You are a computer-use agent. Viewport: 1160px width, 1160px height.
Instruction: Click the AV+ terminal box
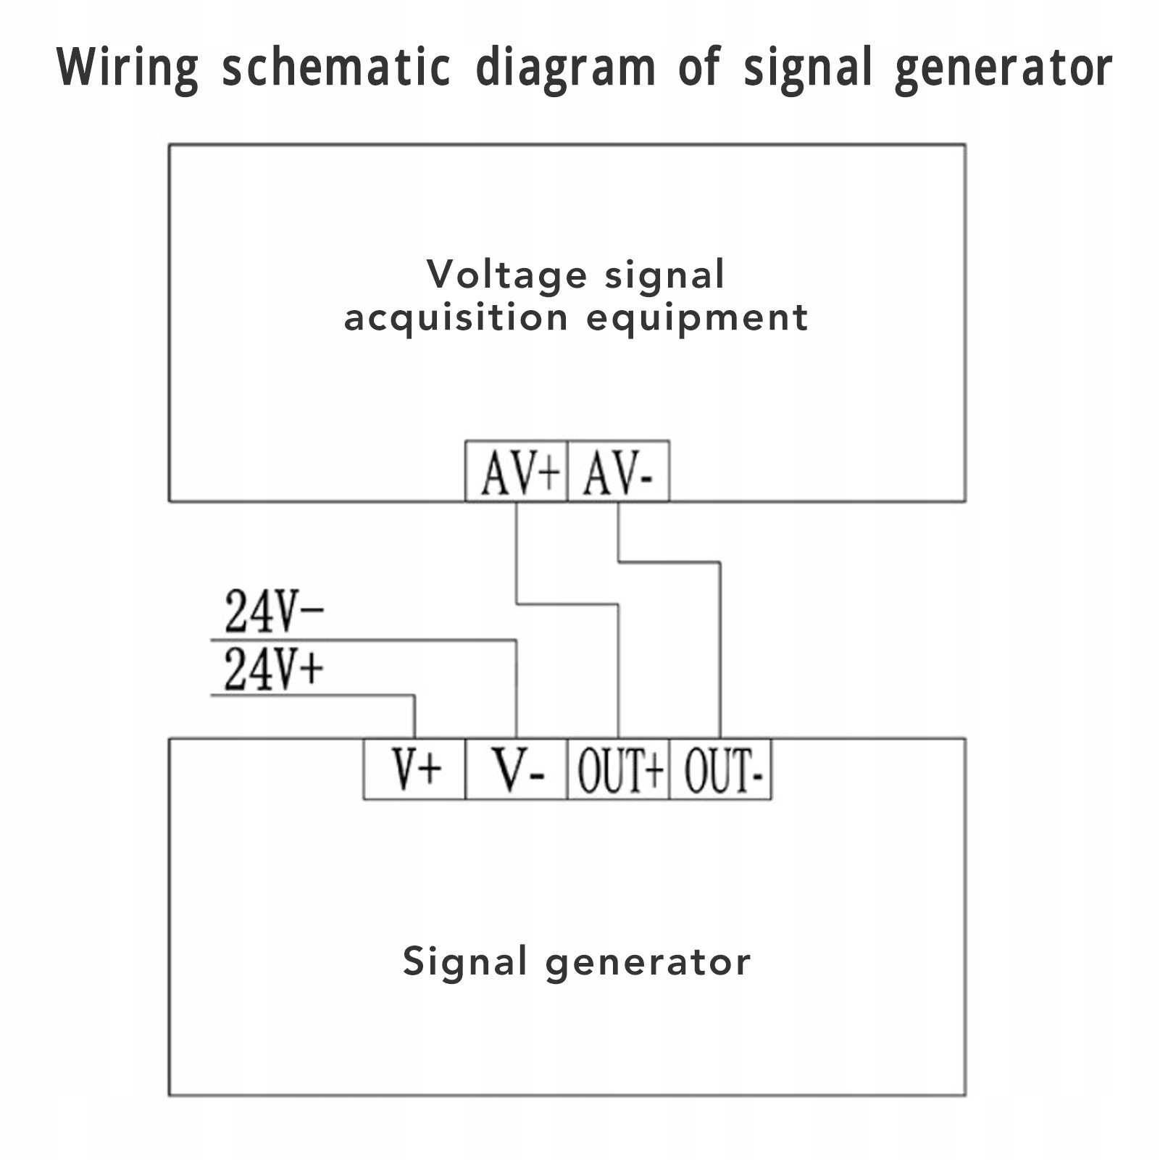(516, 472)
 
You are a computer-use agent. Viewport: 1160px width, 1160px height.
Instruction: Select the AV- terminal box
(618, 472)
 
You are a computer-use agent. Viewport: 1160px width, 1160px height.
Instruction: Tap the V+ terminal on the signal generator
(414, 769)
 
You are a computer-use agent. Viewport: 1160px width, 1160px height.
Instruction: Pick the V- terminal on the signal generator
(516, 769)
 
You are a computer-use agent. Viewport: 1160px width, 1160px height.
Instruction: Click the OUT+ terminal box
(618, 769)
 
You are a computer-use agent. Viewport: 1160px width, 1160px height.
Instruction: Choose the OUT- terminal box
(721, 769)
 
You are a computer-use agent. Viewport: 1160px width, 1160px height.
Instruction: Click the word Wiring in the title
(128, 69)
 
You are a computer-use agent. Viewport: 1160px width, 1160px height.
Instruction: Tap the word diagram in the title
(565, 69)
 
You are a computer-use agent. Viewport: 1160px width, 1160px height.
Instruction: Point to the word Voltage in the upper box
(506, 275)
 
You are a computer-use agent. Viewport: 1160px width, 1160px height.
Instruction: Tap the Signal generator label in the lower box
(577, 962)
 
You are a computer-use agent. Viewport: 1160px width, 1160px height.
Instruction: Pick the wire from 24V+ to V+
(312, 696)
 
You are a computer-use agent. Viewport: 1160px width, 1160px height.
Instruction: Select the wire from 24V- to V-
(362, 640)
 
